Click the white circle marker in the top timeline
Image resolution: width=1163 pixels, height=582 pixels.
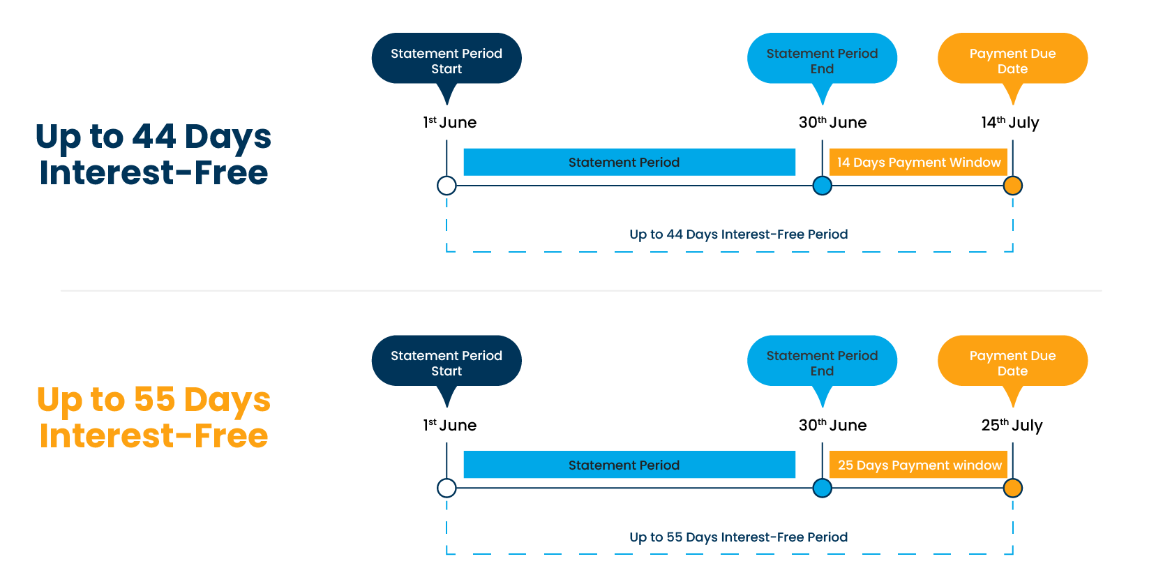pos(447,186)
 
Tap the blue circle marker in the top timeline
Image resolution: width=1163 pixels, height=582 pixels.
pos(823,186)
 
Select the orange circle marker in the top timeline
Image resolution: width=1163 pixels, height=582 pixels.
pos(1012,186)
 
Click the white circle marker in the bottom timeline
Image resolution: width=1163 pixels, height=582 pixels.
pos(447,488)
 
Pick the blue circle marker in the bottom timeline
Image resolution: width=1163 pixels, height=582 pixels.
pos(823,488)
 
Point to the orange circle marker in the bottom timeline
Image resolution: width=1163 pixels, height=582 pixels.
pos(1012,488)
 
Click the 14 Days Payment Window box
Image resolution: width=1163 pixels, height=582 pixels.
pos(918,162)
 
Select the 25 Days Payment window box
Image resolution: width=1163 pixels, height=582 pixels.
pos(918,465)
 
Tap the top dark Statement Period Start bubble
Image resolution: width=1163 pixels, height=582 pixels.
pos(447,60)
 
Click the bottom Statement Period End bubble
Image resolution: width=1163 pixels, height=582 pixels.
pos(822,362)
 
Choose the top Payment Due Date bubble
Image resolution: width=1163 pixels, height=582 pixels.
pos(1012,60)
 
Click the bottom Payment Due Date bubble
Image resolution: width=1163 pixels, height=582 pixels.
pos(1012,362)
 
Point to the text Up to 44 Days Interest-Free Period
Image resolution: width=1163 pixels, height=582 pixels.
pos(738,234)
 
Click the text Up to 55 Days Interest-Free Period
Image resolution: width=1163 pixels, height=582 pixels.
pos(738,537)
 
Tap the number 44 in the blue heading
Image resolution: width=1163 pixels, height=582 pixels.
pos(153,137)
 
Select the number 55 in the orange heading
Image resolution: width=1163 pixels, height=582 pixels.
pos(154,400)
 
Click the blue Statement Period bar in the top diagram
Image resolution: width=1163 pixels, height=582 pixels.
pos(629,162)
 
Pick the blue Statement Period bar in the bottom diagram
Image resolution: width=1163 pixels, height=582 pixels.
pos(629,465)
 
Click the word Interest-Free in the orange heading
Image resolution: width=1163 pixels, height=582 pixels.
pos(153,436)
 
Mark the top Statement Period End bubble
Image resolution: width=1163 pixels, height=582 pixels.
pos(822,60)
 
